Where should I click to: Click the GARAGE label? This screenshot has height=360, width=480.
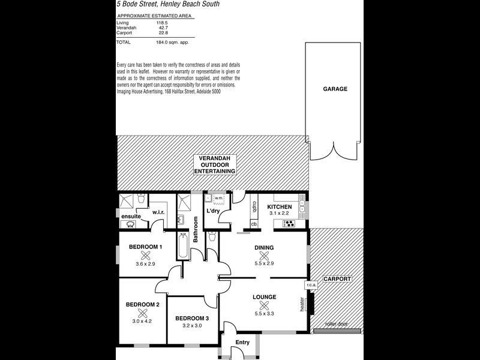(335, 89)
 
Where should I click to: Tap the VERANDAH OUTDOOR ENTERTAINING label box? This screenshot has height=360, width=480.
(215, 164)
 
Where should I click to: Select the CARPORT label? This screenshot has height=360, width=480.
(337, 279)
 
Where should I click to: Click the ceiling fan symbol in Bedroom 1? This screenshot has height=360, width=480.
(145, 256)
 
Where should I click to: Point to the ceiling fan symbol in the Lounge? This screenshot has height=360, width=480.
(264, 305)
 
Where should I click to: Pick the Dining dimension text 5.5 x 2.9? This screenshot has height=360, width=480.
(264, 263)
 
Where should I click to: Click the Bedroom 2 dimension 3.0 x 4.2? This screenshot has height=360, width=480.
(142, 321)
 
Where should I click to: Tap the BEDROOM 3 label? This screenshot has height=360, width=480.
(192, 319)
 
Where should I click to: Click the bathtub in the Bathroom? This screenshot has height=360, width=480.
(183, 245)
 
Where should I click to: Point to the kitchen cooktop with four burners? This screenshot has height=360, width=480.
(289, 224)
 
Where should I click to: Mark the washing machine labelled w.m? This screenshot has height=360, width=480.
(218, 199)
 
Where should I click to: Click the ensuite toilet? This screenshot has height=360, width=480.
(142, 199)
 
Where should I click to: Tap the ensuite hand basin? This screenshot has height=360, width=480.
(130, 224)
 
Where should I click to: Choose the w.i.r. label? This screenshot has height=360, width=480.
(158, 212)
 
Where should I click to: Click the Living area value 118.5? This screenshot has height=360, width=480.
(162, 23)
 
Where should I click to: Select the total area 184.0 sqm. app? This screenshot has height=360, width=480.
(172, 42)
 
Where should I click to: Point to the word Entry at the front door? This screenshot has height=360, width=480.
(242, 343)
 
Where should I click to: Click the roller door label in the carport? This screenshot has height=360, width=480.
(337, 324)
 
